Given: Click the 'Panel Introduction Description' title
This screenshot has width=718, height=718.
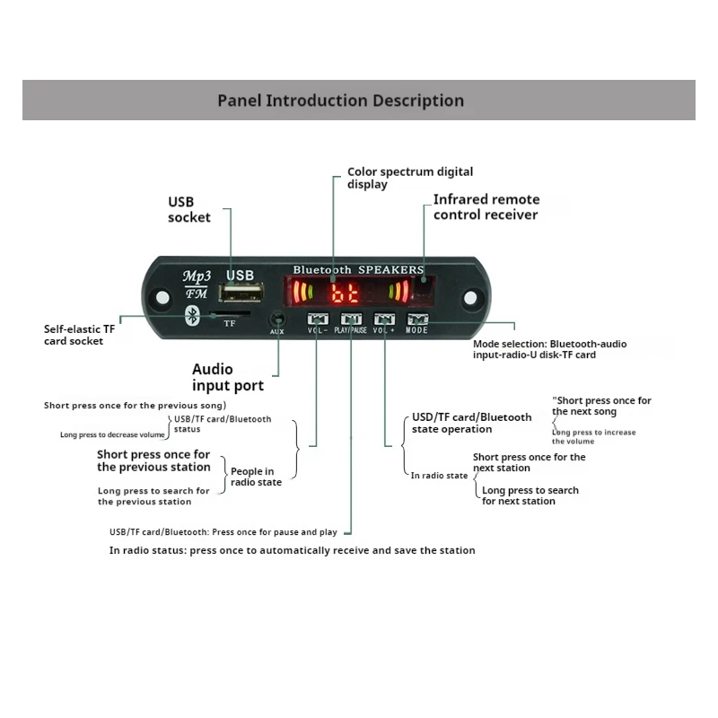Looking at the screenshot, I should [341, 101].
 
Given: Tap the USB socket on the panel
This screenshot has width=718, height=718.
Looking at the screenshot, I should [242, 294].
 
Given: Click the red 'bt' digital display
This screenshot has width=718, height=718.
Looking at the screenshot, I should [346, 293].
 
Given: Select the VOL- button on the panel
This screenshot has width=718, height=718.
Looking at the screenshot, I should [318, 319].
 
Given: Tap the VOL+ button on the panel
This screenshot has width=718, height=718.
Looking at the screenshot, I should [384, 319].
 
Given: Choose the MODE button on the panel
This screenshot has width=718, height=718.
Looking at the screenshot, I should [416, 319].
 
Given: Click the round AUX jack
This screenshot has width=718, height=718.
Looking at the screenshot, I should [277, 319].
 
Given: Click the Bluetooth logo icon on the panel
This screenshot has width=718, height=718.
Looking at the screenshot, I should [191, 315].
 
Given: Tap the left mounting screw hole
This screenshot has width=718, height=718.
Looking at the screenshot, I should [162, 296].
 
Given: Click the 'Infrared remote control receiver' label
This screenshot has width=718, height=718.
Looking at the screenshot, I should [486, 207].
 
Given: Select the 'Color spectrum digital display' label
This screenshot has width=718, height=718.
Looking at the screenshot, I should [410, 178].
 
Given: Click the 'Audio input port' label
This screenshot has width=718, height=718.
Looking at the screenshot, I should [228, 377].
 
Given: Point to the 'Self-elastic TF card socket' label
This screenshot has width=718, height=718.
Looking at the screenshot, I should [80, 335].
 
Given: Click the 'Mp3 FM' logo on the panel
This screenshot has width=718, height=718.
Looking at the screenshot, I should [197, 284].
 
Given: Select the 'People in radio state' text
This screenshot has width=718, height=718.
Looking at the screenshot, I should [256, 477].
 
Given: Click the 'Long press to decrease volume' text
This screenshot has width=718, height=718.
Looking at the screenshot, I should [112, 434].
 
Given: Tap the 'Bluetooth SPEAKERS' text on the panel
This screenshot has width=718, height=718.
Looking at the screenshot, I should [358, 269].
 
